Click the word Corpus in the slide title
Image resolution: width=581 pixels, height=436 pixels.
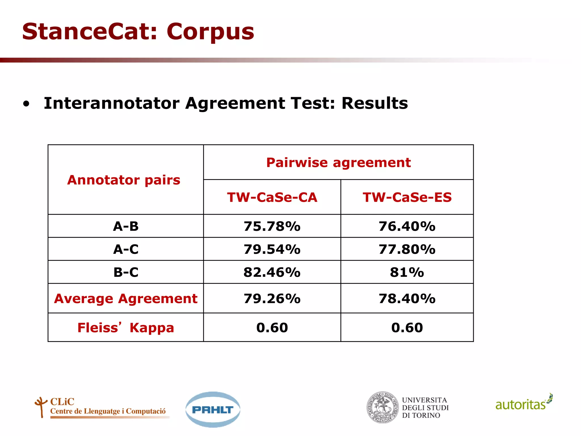(x=210, y=32)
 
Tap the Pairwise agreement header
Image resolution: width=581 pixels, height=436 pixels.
(x=338, y=163)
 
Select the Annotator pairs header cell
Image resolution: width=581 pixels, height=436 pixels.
(x=124, y=180)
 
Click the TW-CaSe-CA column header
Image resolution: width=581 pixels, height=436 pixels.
(x=272, y=197)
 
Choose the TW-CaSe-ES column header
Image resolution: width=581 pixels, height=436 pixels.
(x=407, y=197)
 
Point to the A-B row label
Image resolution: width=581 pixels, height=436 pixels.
(x=126, y=227)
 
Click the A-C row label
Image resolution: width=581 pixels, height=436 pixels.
(x=126, y=250)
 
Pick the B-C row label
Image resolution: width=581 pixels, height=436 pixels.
(x=126, y=272)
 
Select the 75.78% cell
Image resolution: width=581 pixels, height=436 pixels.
(x=272, y=227)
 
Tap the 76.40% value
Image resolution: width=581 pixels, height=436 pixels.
(x=407, y=227)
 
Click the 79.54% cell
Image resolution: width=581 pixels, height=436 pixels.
(x=272, y=250)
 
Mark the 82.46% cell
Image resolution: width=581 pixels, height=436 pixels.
(x=272, y=272)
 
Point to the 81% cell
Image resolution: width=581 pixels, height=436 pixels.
(x=407, y=272)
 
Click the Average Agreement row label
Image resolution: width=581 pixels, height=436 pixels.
(x=126, y=299)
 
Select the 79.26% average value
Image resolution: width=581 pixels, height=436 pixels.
(x=272, y=299)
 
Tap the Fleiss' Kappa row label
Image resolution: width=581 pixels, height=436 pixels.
(x=126, y=328)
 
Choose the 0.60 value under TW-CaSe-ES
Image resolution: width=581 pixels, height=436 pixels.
(x=407, y=328)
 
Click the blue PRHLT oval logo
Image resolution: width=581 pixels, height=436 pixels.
(x=213, y=410)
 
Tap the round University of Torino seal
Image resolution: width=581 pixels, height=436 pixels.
(x=383, y=408)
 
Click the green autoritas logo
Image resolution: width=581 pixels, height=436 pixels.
(x=523, y=403)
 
